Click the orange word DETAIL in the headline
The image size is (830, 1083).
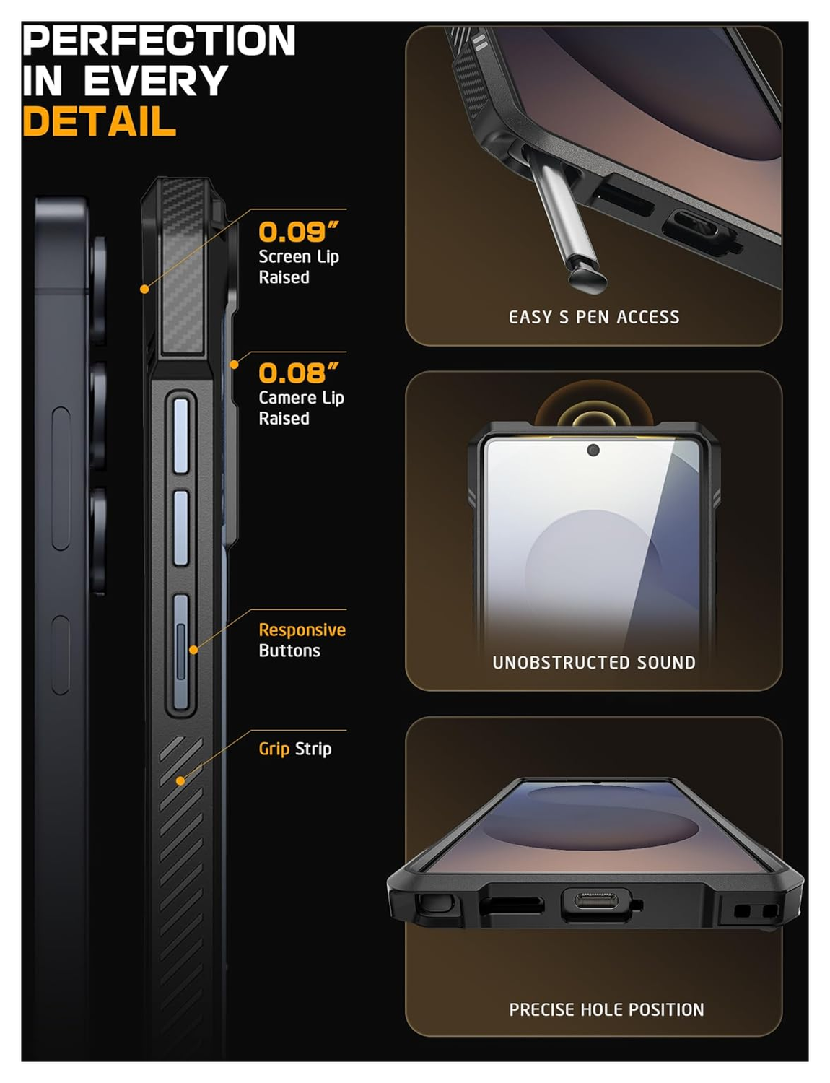[99, 121]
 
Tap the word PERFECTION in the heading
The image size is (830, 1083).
[159, 40]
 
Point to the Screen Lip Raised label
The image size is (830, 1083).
[298, 266]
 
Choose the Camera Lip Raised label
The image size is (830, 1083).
[300, 408]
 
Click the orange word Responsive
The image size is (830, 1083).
[302, 630]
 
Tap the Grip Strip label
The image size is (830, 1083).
[294, 749]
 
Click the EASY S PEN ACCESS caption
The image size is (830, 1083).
[593, 317]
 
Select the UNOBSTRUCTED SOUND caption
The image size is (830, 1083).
[593, 662]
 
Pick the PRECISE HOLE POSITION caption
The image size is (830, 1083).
[606, 1009]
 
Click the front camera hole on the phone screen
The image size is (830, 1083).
[593, 451]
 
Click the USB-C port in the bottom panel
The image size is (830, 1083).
[595, 902]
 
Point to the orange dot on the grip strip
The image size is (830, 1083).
[180, 780]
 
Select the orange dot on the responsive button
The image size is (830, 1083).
[193, 650]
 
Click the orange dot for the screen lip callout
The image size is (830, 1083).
[144, 289]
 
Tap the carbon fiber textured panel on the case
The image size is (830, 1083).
[180, 267]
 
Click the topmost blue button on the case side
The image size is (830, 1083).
[180, 435]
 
